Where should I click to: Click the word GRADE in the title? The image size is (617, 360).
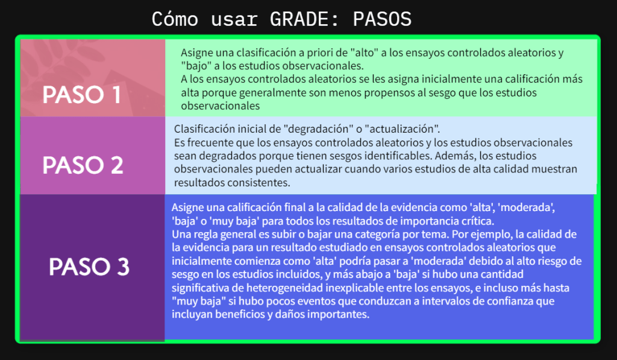pyautogui.click(x=299, y=19)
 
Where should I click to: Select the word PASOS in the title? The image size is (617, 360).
pyautogui.click(x=382, y=19)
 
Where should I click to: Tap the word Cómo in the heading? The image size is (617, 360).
pyautogui.click(x=175, y=19)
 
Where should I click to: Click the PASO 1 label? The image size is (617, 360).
pyautogui.click(x=81, y=95)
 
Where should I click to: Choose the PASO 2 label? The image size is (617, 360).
pyautogui.click(x=83, y=165)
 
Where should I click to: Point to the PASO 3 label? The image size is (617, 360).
pyautogui.click(x=89, y=267)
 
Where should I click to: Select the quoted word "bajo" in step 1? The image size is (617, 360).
pyautogui.click(x=196, y=66)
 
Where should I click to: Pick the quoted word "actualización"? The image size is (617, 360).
pyautogui.click(x=402, y=129)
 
